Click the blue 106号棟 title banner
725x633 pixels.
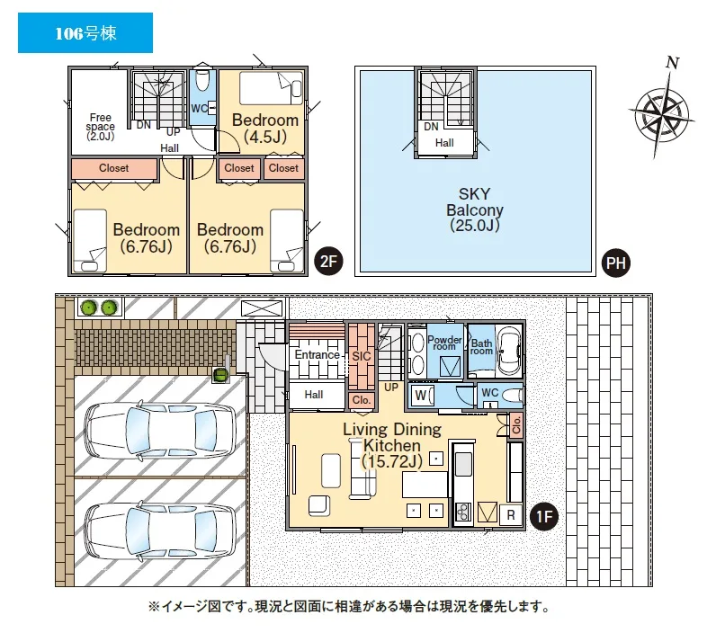85,32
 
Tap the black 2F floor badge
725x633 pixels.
328,262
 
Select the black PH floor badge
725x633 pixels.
616,263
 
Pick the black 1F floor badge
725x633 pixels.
544,515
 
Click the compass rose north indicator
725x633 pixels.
662,110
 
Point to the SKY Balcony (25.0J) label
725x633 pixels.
474,210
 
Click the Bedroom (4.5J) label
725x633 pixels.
265,128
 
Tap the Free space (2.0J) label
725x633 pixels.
101,127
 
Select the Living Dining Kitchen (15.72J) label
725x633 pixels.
392,445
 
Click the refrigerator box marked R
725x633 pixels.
511,514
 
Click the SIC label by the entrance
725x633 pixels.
361,356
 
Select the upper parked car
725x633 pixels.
160,430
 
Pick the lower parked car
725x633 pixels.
160,531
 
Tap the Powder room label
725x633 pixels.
444,343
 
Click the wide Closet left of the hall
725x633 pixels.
114,168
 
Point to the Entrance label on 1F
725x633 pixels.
318,355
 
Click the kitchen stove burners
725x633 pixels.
463,511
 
